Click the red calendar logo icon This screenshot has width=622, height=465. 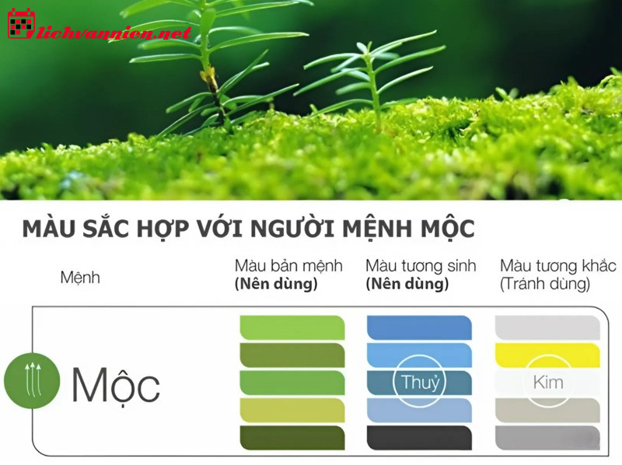(20, 24)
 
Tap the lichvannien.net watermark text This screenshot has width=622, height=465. (114, 33)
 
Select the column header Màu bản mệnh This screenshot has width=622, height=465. (288, 266)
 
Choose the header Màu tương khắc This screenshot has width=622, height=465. (558, 266)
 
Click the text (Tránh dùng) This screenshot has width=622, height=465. (545, 285)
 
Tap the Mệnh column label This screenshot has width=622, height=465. (80, 277)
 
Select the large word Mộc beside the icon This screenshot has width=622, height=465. (116, 384)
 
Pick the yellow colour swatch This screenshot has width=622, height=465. (548, 355)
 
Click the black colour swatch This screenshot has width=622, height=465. (419, 437)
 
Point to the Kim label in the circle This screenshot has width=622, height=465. (548, 383)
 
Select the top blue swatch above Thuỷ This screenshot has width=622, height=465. (419, 328)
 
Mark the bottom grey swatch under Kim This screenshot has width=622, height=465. (548, 437)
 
